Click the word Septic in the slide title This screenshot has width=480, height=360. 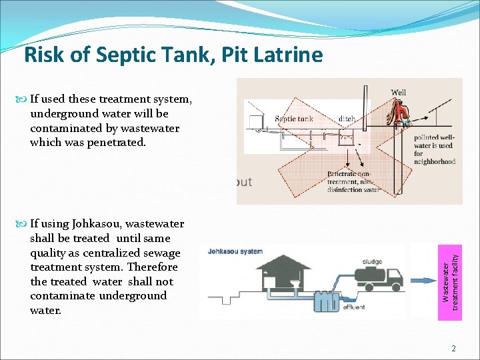tap(123, 55)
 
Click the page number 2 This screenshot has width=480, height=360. tap(453, 348)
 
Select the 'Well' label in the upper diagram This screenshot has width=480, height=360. tap(398, 92)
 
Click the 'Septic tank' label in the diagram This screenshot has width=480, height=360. tap(294, 119)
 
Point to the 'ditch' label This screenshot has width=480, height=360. tap(346, 119)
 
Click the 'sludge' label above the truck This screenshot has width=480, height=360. tap(372, 261)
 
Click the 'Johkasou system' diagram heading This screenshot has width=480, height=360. tap(235, 251)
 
